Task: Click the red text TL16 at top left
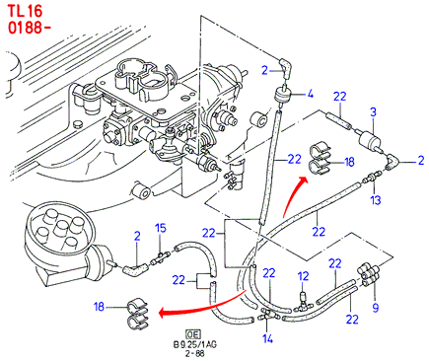[26, 11]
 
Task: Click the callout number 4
[310, 94]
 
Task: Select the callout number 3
[373, 112]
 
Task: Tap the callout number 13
[376, 199]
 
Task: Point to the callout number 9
[376, 308]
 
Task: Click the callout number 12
[304, 276]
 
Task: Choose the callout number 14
[268, 338]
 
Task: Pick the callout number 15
[161, 228]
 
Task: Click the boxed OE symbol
[193, 334]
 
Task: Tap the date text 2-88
[194, 354]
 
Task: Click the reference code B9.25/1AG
[195, 345]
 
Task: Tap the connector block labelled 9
[368, 274]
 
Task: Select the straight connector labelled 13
[372, 176]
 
